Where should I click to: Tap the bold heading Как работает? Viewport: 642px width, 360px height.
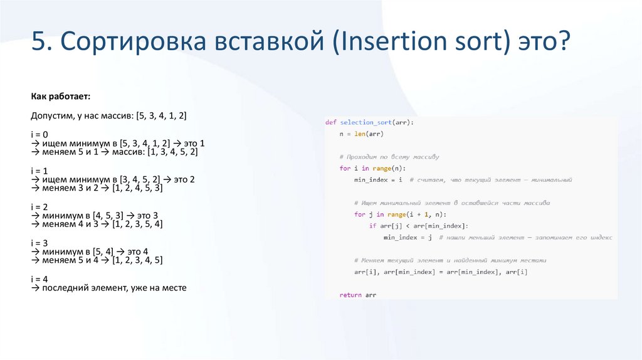[x=61, y=97]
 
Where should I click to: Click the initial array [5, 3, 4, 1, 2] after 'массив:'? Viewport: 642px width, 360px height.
[x=165, y=116]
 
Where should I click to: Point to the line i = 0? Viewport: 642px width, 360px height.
[x=39, y=134]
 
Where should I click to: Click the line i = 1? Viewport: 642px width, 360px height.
[x=39, y=170]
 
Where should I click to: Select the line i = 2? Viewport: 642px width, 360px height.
[x=39, y=206]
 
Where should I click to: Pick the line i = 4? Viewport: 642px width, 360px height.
[x=39, y=278]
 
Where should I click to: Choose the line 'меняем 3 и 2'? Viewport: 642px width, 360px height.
[x=97, y=188]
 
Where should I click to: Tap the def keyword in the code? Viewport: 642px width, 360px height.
[x=330, y=122]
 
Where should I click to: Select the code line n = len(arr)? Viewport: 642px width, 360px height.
[x=361, y=134]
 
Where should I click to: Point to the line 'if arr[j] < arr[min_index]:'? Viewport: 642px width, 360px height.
[x=418, y=226]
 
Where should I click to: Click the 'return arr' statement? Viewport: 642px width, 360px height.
[x=357, y=295]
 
